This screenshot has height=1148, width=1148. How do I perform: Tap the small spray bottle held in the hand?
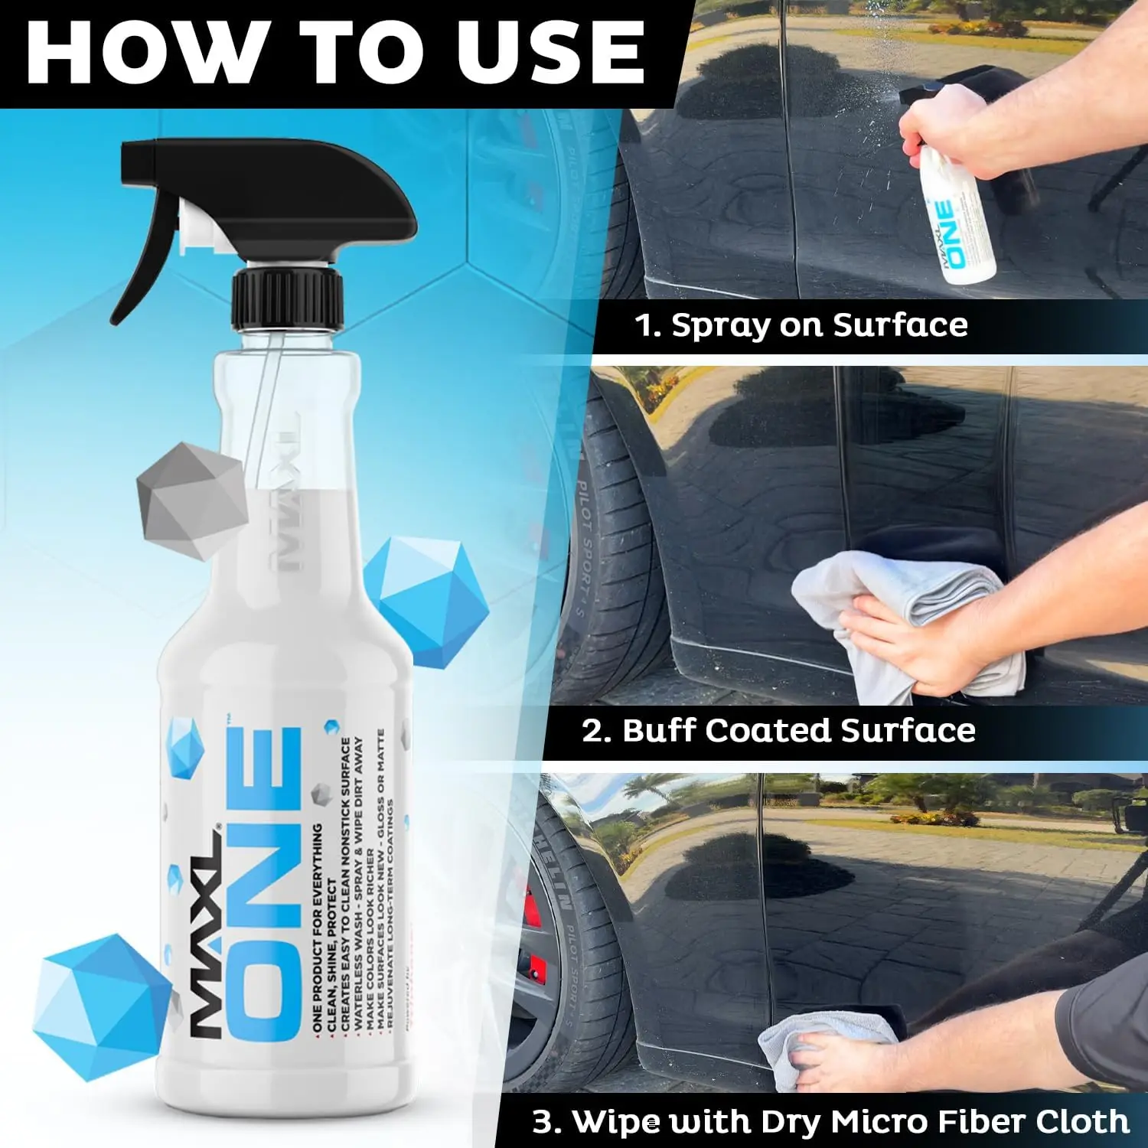[957, 222]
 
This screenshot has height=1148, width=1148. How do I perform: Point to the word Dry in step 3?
[791, 1122]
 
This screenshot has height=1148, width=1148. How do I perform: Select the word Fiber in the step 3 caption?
[965, 1122]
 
